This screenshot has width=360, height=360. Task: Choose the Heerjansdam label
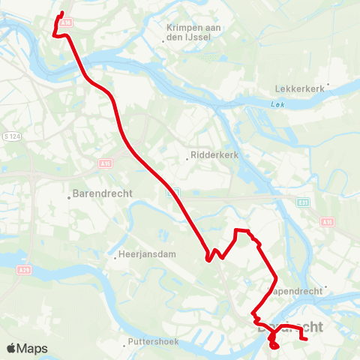click(146, 254)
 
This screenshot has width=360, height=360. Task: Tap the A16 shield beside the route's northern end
click(66, 23)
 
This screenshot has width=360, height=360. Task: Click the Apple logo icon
click(12, 348)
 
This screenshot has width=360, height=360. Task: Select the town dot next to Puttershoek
click(124, 346)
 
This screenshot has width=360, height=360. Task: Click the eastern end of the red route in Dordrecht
click(307, 340)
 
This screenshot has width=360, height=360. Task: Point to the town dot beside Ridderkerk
click(187, 158)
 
